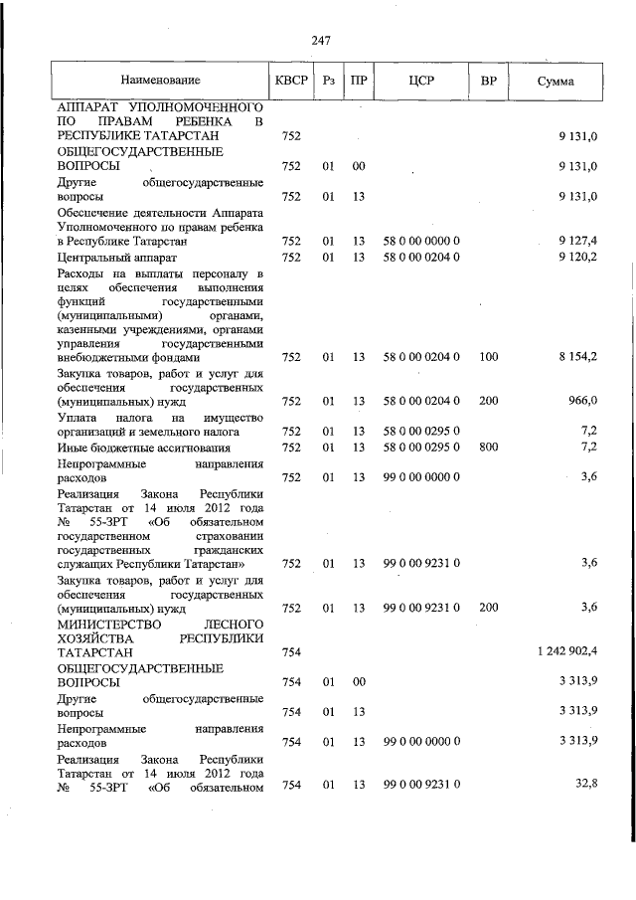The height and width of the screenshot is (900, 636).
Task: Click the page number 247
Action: [320, 41]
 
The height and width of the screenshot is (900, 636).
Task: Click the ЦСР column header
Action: [420, 80]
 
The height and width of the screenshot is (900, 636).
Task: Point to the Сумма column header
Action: [555, 80]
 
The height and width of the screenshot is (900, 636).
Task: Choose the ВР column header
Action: [488, 80]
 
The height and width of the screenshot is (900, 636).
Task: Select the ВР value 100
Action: [488, 357]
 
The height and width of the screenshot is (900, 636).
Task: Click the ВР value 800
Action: [488, 448]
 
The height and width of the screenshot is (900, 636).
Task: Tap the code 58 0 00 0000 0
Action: [420, 241]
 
